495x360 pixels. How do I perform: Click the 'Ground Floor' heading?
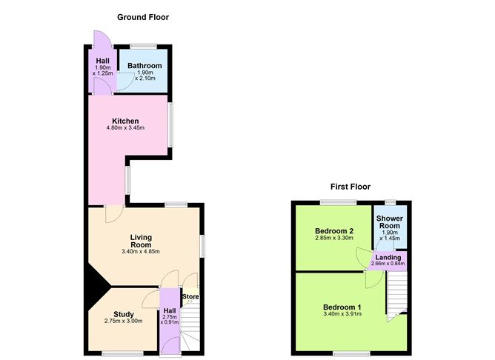coord(143,17)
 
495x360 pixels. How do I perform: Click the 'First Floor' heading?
coord(351,187)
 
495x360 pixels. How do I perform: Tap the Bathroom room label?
coord(144,66)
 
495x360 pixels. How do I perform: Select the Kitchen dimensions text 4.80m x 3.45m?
coord(125,129)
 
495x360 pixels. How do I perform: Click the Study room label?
coord(124,314)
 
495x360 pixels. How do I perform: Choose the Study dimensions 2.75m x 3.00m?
coord(124,321)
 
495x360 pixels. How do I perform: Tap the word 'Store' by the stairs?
coord(190,298)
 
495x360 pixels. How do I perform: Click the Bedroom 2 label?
coord(333,231)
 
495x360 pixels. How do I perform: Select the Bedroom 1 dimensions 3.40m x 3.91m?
coord(342,315)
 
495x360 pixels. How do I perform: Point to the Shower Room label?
coord(389,222)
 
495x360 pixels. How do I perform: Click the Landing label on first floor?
coord(388,257)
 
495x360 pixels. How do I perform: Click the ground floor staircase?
coord(192,326)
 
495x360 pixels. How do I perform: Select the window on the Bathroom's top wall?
coord(144,46)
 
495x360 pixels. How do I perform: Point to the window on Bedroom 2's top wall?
coord(338,202)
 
